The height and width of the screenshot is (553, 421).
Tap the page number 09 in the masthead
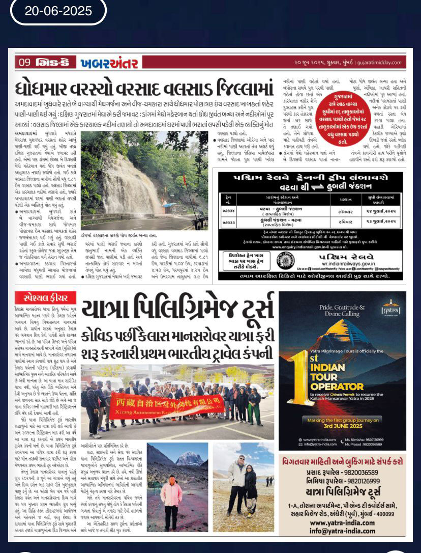(x=24, y=63)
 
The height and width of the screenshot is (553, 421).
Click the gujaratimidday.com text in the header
(x=381, y=63)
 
